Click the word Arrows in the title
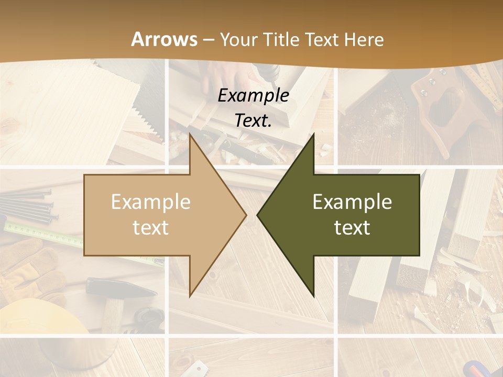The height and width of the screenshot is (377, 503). click(x=165, y=39)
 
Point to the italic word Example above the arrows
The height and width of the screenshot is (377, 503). click(x=254, y=95)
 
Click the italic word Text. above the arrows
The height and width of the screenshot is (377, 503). click(x=254, y=120)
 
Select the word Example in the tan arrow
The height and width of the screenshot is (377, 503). click(x=151, y=202)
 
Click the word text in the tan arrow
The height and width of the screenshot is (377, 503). click(x=151, y=228)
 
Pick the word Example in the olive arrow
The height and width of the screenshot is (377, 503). click(x=352, y=202)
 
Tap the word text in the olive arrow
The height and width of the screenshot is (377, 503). click(x=352, y=228)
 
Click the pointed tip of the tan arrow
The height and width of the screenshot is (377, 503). click(x=245, y=215)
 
